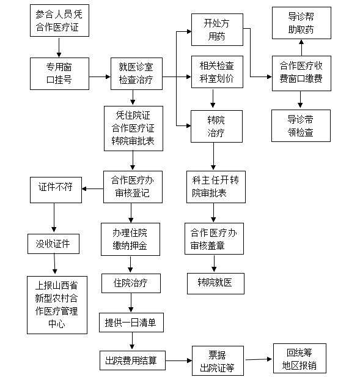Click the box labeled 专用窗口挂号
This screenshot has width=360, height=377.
(x=59, y=73)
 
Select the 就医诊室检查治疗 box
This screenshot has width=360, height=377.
(x=136, y=73)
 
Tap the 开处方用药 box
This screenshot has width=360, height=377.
(x=217, y=29)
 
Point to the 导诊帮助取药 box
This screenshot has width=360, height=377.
(x=301, y=23)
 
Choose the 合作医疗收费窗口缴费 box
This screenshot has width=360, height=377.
(x=301, y=73)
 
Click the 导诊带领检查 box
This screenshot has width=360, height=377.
(x=301, y=125)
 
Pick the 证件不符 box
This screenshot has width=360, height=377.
(x=56, y=190)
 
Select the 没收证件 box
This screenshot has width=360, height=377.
(x=53, y=244)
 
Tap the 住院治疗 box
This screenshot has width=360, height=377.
(x=131, y=283)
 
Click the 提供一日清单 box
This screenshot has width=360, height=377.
(x=131, y=323)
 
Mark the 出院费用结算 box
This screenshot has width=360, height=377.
(x=133, y=360)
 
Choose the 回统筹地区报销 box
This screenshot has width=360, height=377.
(x=299, y=358)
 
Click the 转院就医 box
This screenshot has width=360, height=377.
(x=216, y=283)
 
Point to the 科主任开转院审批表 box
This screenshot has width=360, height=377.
(x=216, y=187)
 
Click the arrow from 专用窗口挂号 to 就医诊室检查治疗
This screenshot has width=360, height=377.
(x=100, y=77)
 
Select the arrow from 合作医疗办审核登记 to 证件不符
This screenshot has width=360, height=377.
(x=93, y=188)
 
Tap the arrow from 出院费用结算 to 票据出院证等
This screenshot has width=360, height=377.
(x=178, y=360)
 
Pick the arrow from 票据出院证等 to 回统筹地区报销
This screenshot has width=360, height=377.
(x=259, y=359)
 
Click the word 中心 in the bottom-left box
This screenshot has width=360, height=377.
(x=57, y=324)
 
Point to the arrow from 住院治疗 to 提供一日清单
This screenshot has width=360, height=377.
(x=131, y=303)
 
